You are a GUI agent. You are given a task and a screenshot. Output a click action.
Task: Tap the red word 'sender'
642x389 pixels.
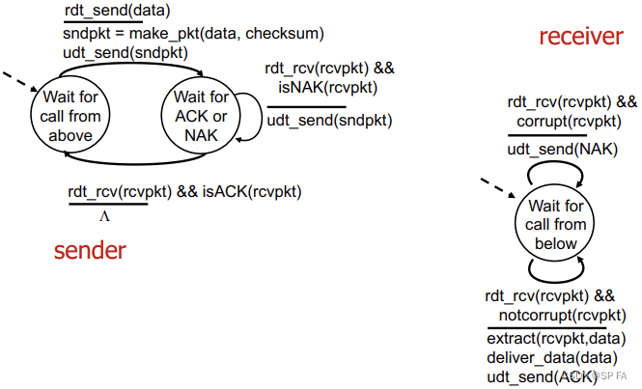(90, 250)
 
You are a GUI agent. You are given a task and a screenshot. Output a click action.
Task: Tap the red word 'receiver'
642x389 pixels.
(580, 38)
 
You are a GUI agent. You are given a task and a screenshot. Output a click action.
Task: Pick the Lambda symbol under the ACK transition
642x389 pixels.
(104, 216)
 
